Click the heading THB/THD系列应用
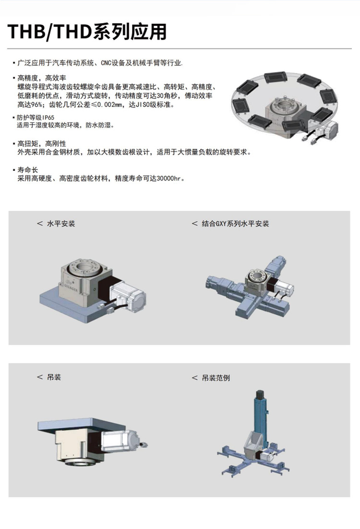[87, 31]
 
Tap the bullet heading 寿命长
[27, 170]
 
